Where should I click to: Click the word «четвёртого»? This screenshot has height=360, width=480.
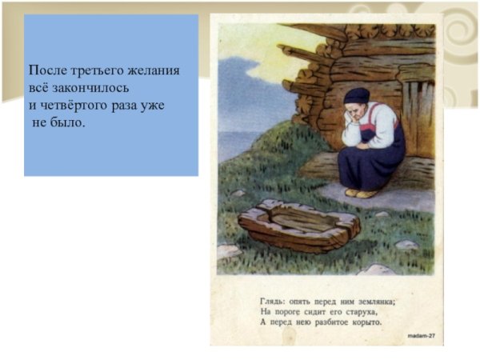pyautogui.click(x=71, y=105)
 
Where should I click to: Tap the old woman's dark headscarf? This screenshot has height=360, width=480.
pyautogui.click(x=355, y=97)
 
